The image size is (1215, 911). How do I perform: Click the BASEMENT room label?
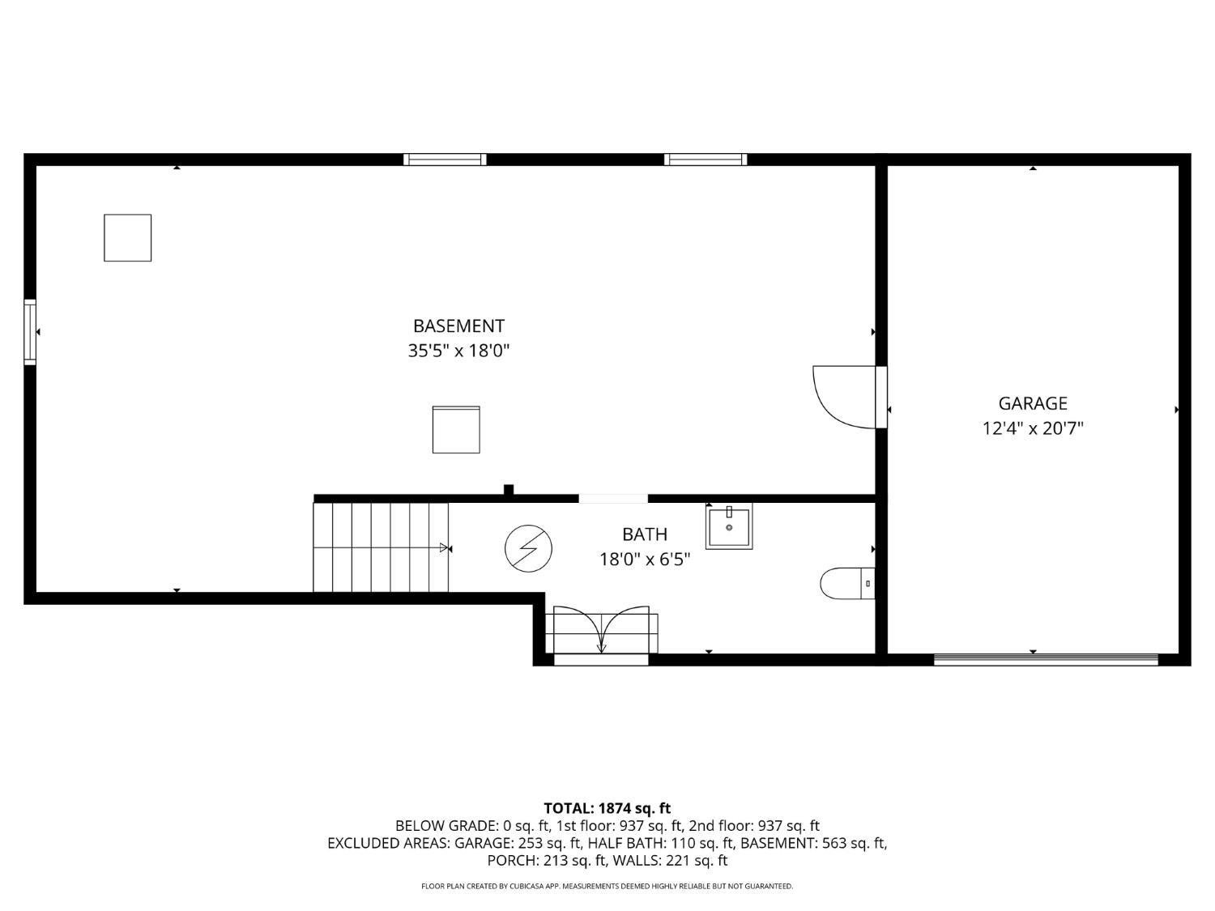(458, 326)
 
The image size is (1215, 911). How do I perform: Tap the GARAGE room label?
(1033, 402)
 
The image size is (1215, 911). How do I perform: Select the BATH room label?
(645, 534)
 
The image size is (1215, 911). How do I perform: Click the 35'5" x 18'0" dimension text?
(458, 351)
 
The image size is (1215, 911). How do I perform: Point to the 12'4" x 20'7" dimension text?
(1033, 428)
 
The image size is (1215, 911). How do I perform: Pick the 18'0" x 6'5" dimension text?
(645, 559)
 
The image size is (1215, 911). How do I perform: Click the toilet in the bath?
(847, 583)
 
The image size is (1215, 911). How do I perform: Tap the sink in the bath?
(729, 526)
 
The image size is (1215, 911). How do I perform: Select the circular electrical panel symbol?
(528, 549)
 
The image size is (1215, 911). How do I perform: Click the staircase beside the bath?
(381, 547)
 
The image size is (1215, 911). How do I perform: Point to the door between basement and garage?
(844, 397)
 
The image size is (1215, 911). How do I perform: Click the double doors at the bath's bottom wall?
(601, 632)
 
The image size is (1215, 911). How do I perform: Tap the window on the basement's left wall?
(30, 332)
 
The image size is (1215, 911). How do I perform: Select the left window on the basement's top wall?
(445, 160)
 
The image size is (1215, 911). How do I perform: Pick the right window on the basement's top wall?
(706, 160)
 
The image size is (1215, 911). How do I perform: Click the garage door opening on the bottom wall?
(1047, 660)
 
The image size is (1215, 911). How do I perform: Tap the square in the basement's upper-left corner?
(127, 238)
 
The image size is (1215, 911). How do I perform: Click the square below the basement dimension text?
(456, 429)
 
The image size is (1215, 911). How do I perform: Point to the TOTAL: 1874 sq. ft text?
(607, 807)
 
